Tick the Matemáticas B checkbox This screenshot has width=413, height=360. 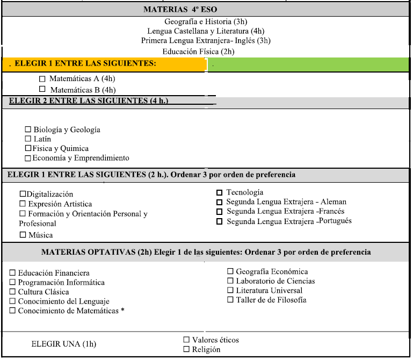(42, 89)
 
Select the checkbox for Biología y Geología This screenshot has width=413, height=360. (28, 129)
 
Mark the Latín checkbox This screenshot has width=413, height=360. (28, 139)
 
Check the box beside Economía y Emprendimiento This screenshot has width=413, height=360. (28, 158)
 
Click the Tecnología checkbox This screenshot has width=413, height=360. (219, 192)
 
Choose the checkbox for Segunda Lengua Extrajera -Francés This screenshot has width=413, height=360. (219, 212)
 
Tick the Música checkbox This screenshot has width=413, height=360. (23, 235)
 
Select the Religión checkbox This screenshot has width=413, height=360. (186, 349)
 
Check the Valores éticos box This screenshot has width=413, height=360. (186, 340)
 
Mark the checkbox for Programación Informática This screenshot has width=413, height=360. (13, 283)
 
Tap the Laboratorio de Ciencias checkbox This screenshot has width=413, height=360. (230, 281)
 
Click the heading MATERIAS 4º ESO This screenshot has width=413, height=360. (180, 10)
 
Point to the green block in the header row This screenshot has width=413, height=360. (308, 65)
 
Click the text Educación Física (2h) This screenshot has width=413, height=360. (198, 52)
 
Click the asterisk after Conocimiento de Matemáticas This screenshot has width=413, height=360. (122, 311)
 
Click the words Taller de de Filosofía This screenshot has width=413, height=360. (271, 300)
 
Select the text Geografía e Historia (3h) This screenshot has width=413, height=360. (206, 22)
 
